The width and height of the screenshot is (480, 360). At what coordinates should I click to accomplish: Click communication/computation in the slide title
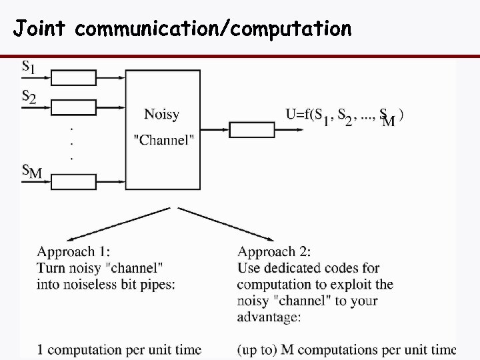pos(213,29)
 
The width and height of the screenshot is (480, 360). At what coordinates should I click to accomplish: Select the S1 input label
pos(30,67)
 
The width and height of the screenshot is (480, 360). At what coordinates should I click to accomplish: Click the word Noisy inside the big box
pos(161,114)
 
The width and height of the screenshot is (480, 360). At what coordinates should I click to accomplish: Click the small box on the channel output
pos(252,129)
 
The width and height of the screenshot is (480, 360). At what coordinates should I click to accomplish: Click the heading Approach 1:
pos(73,252)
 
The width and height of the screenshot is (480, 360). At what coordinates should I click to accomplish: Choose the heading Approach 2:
pos(274,252)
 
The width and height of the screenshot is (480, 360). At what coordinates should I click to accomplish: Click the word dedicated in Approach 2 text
pos(294,269)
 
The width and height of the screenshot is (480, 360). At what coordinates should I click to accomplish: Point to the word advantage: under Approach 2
pos(269,317)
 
